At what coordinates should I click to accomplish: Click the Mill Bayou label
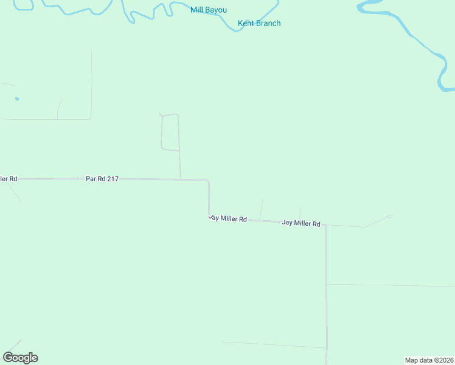208,10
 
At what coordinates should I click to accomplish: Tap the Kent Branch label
259,23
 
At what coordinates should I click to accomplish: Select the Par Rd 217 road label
102,179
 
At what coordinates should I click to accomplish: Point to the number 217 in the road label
112,179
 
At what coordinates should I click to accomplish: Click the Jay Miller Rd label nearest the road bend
227,218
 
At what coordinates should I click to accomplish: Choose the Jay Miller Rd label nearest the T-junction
300,223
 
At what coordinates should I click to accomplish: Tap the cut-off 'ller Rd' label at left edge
9,179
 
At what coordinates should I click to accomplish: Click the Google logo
20,358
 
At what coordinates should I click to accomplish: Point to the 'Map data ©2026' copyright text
429,360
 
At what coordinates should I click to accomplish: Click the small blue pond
16,98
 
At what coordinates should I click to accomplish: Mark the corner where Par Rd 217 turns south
209,181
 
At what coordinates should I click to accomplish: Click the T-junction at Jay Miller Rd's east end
325,225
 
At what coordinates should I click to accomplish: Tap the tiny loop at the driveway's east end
390,216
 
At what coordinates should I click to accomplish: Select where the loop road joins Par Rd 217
180,179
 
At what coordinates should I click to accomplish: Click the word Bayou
218,10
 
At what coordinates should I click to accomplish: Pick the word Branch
268,23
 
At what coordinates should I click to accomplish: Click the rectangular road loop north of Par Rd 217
170,131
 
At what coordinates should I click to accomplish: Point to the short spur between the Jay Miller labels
262,209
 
